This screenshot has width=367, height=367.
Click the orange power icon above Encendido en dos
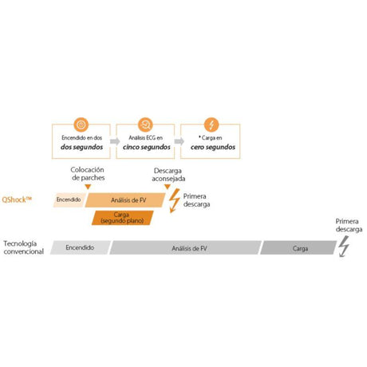pyautogui.click(x=81, y=124)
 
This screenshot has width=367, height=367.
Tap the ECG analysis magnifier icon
pyautogui.click(x=145, y=124)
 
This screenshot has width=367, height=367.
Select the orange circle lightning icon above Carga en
pyautogui.click(x=211, y=124)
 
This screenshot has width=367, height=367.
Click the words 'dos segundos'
pyautogui.click(x=81, y=147)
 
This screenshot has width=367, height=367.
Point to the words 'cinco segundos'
pyautogui.click(x=147, y=147)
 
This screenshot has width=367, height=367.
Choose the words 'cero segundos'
pyautogui.click(x=213, y=147)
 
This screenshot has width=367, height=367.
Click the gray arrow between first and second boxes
pyautogui.click(x=115, y=141)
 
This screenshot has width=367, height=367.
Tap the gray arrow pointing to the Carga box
pyautogui.click(x=180, y=141)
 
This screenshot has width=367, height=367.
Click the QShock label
pyautogui.click(x=17, y=199)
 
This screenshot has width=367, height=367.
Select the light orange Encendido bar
pyautogui.click(x=69, y=199)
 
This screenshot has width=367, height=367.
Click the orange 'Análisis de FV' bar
pyautogui.click(x=125, y=200)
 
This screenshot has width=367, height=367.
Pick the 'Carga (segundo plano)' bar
pyautogui.click(x=123, y=218)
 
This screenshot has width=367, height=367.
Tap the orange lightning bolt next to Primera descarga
pyautogui.click(x=175, y=200)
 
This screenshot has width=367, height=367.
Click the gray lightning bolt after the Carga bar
pyautogui.click(x=344, y=247)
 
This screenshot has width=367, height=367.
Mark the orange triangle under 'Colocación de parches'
pyautogui.click(x=88, y=187)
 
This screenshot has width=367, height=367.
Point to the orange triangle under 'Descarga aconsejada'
pyautogui.click(x=168, y=187)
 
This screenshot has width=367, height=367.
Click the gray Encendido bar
pyautogui.click(x=81, y=247)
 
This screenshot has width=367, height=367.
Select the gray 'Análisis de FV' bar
pyautogui.click(x=185, y=247)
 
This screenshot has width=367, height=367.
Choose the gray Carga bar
pyautogui.click(x=298, y=247)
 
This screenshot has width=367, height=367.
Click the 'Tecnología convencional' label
pyautogui.click(x=23, y=247)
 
